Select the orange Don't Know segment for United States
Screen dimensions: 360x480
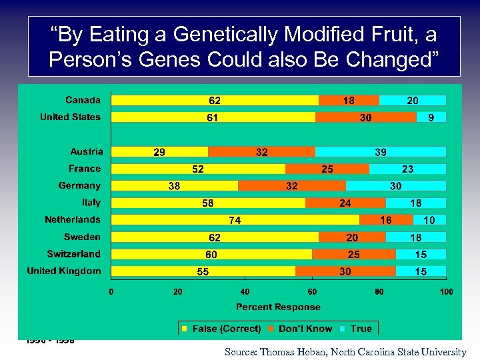click(365, 117)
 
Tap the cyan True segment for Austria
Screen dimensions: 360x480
click(380, 152)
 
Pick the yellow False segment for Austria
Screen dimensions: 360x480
click(159, 152)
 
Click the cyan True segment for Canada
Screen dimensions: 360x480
click(413, 100)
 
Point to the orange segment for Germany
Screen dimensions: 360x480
click(292, 186)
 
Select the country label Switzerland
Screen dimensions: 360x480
click(73, 254)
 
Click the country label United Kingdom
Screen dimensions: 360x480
click(64, 271)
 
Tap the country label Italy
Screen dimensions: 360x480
click(91, 203)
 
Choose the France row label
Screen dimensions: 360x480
click(85, 169)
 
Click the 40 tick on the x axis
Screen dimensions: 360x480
click(245, 291)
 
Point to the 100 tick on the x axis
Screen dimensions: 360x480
click(446, 291)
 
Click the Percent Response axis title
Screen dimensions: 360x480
click(278, 307)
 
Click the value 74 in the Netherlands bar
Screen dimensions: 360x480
click(235, 220)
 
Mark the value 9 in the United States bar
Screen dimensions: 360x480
click(431, 117)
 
